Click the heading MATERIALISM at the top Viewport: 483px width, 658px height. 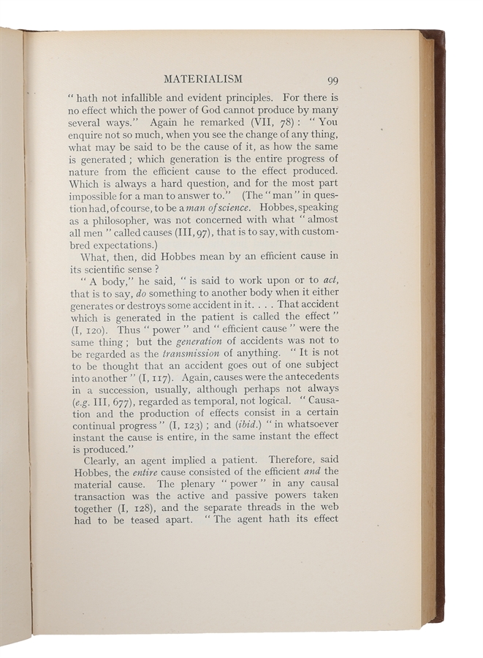pyautogui.click(x=203, y=78)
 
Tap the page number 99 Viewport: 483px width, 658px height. pyautogui.click(x=327, y=80)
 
